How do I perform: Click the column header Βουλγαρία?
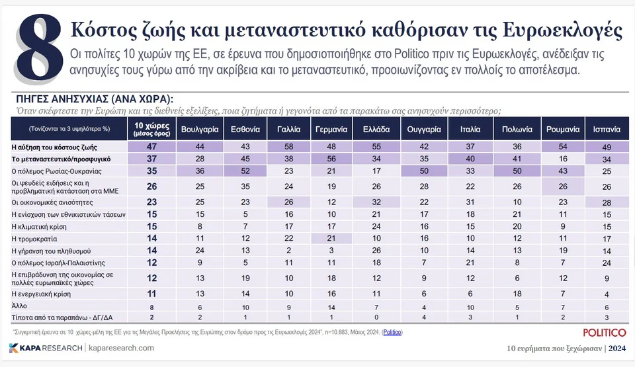[x=196, y=130]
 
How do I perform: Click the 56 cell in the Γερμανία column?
[x=332, y=160]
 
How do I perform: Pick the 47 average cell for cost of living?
[x=150, y=147]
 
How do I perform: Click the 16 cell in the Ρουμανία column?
[x=560, y=160]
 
